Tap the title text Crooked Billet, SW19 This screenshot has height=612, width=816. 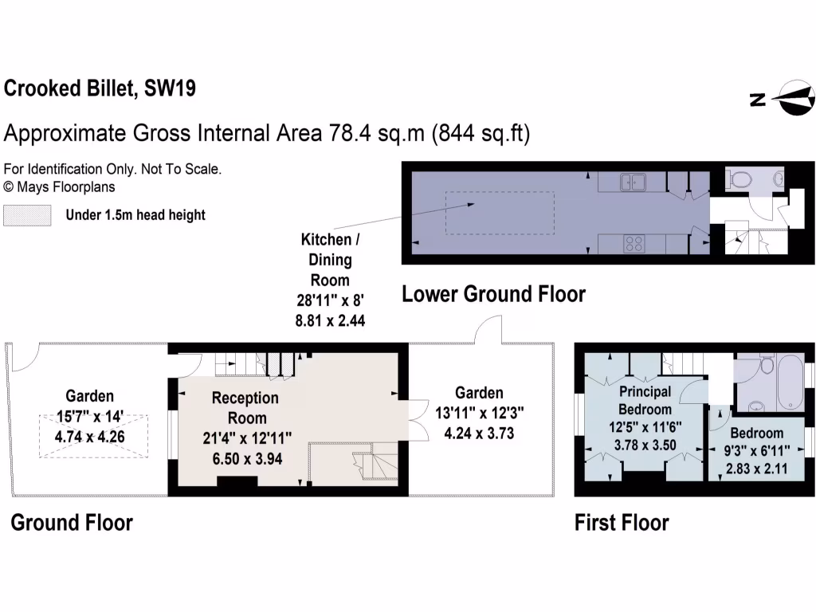coord(100,88)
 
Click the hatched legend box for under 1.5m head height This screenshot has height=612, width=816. coord(27,215)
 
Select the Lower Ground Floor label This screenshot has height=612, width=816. coord(493,294)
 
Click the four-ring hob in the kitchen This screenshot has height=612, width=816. coord(635,245)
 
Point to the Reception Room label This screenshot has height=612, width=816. coord(245,407)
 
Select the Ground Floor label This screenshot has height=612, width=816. coord(71,523)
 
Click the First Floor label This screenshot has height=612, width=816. coord(622,523)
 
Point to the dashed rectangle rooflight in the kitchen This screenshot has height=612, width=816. coord(499,213)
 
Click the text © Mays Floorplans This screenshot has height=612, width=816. coord(60,187)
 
